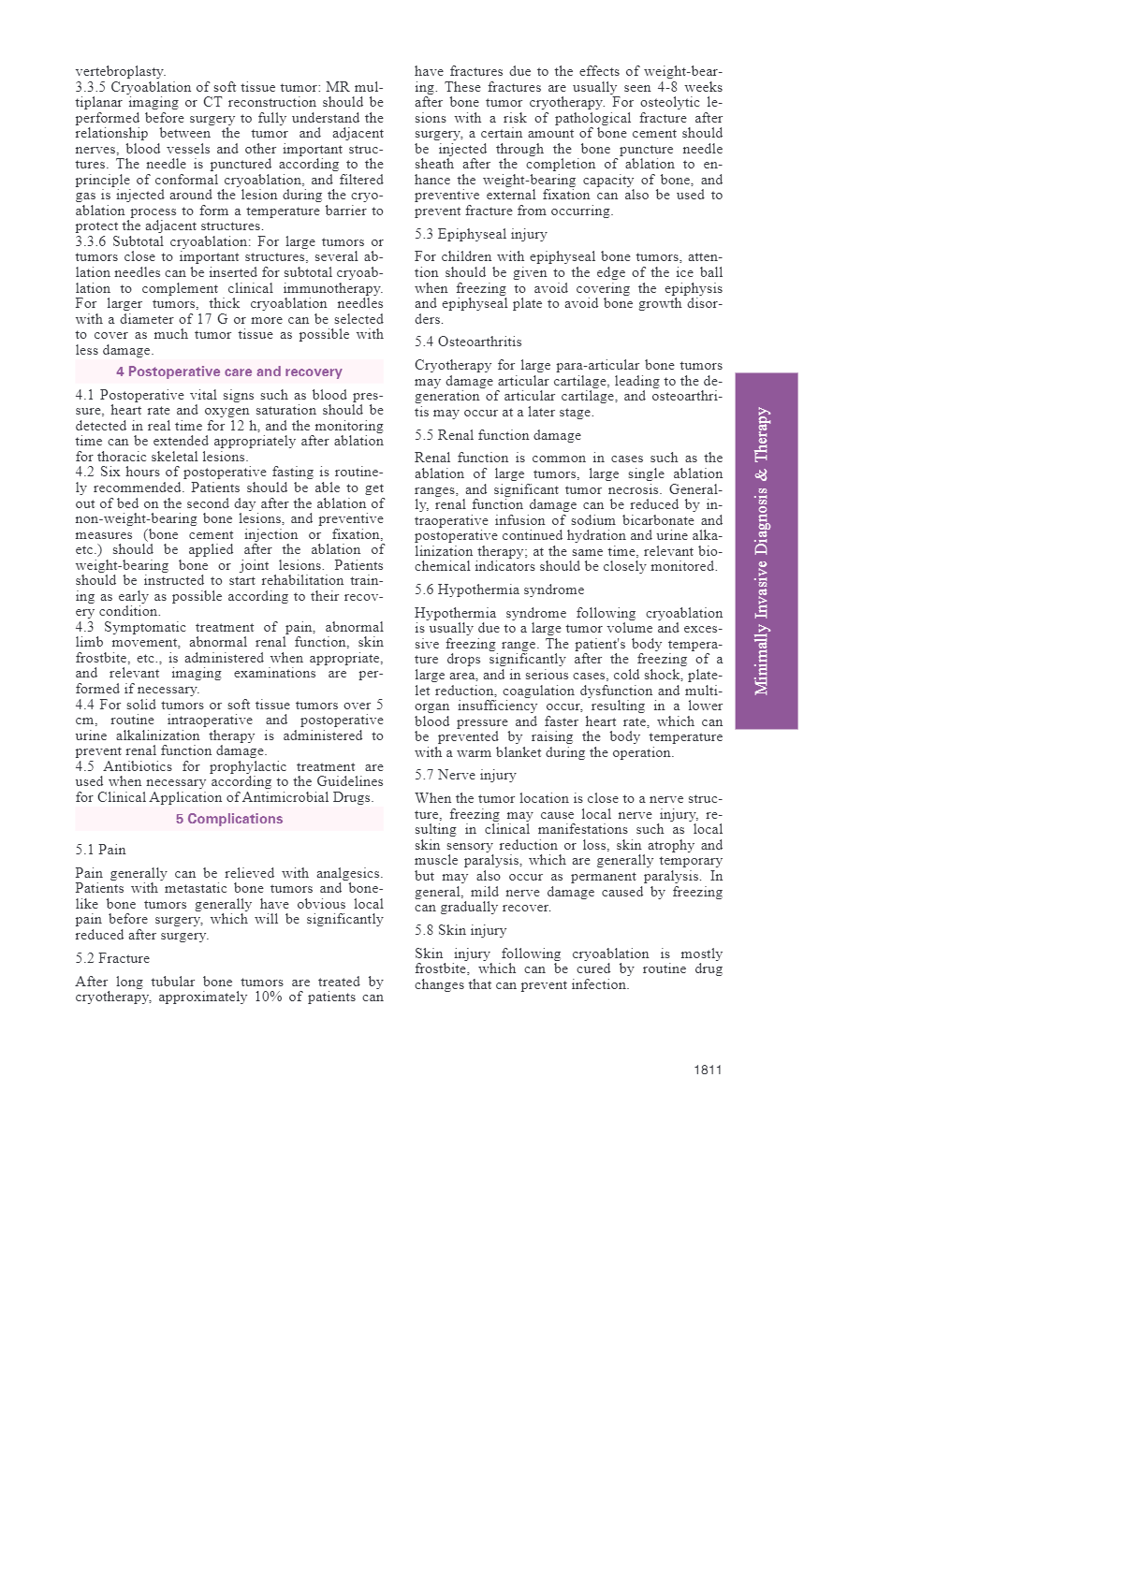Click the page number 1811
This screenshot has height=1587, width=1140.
(x=708, y=1070)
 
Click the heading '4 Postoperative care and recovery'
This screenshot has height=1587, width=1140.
(x=229, y=371)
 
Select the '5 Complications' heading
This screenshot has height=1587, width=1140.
(x=229, y=819)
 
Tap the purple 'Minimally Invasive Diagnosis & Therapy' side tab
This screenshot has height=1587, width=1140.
(x=766, y=550)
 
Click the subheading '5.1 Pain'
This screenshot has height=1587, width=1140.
(x=100, y=850)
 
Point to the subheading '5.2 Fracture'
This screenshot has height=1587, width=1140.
(x=112, y=958)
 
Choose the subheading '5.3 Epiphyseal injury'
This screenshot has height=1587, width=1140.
(x=481, y=234)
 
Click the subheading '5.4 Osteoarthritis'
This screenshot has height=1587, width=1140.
(x=468, y=342)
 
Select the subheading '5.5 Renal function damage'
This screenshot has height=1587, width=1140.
(x=498, y=435)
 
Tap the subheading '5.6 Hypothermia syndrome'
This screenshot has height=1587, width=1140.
(x=499, y=590)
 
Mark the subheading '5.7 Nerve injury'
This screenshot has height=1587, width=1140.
(x=465, y=775)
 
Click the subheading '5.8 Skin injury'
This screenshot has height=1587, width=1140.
(x=460, y=930)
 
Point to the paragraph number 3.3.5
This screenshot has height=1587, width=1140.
(x=91, y=87)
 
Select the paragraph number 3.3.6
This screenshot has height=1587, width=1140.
(x=91, y=241)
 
